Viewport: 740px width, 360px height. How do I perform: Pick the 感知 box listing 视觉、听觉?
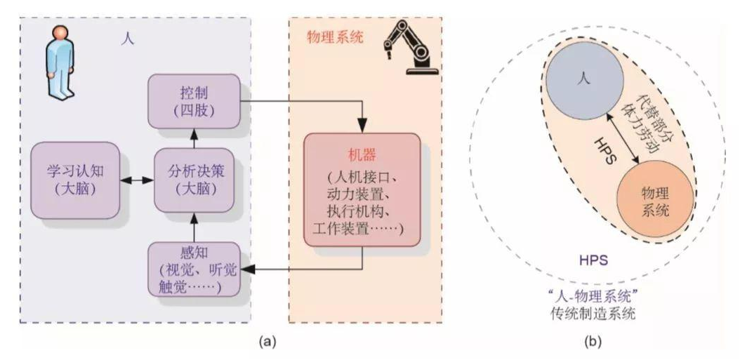(x=193, y=267)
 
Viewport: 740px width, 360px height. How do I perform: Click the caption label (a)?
(x=267, y=342)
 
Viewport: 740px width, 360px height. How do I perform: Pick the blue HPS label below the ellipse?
(x=593, y=261)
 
